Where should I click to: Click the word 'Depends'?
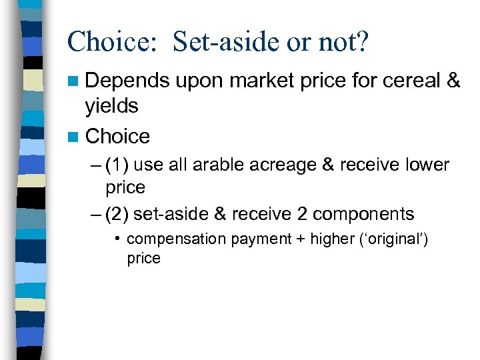point(127,81)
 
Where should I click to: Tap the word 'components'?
point(363,215)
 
